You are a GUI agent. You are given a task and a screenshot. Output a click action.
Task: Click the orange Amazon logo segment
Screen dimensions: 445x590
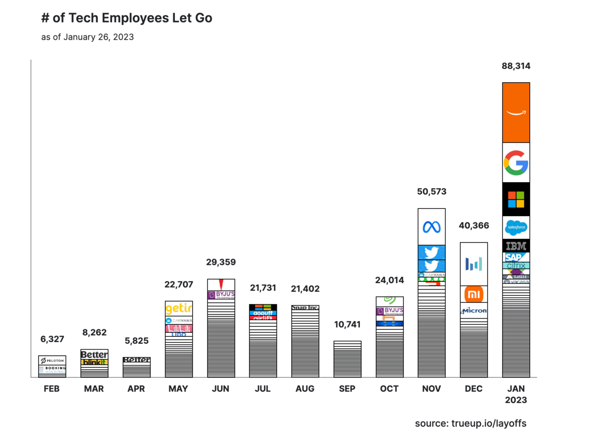pyautogui.click(x=516, y=113)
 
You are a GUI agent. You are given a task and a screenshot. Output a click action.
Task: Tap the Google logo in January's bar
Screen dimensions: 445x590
pyautogui.click(x=516, y=162)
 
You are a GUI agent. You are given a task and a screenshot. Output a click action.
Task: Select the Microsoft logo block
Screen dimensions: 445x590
pyautogui.click(x=516, y=199)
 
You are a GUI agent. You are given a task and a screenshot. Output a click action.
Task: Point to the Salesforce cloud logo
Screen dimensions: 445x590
pyautogui.click(x=516, y=227)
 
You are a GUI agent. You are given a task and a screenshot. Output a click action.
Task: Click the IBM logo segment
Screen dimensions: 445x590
pyautogui.click(x=516, y=246)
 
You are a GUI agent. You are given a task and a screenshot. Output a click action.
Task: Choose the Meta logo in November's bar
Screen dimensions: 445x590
pyautogui.click(x=432, y=227)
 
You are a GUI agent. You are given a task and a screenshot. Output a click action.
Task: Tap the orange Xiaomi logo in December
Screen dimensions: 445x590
pyautogui.click(x=474, y=294)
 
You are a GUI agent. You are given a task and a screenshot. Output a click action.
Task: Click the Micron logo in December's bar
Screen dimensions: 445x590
pyautogui.click(x=474, y=311)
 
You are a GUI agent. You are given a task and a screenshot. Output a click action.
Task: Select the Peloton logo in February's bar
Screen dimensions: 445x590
pyautogui.click(x=52, y=361)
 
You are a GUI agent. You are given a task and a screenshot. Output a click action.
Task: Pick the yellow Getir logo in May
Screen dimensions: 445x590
pyautogui.click(x=178, y=309)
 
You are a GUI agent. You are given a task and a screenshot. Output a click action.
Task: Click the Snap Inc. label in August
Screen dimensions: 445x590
pyautogui.click(x=305, y=308)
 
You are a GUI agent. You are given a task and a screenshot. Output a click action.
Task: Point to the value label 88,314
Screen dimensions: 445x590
pyautogui.click(x=516, y=66)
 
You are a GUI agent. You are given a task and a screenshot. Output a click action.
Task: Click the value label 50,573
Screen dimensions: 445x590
pyautogui.click(x=431, y=191)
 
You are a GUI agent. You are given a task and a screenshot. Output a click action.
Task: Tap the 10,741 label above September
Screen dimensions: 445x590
pyautogui.click(x=347, y=324)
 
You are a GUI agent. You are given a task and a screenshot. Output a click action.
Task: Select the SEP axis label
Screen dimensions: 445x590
pyautogui.click(x=347, y=389)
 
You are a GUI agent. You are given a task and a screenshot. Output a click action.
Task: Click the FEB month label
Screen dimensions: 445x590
pyautogui.click(x=52, y=389)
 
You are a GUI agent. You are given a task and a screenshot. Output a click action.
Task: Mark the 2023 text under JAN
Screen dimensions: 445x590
pyautogui.click(x=516, y=400)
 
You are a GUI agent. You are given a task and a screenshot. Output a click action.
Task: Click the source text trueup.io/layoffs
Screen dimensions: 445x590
pyautogui.click(x=471, y=423)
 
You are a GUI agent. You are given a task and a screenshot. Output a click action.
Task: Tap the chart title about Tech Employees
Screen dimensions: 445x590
pyautogui.click(x=127, y=19)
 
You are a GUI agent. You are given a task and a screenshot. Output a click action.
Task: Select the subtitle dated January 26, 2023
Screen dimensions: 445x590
pyautogui.click(x=88, y=37)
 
